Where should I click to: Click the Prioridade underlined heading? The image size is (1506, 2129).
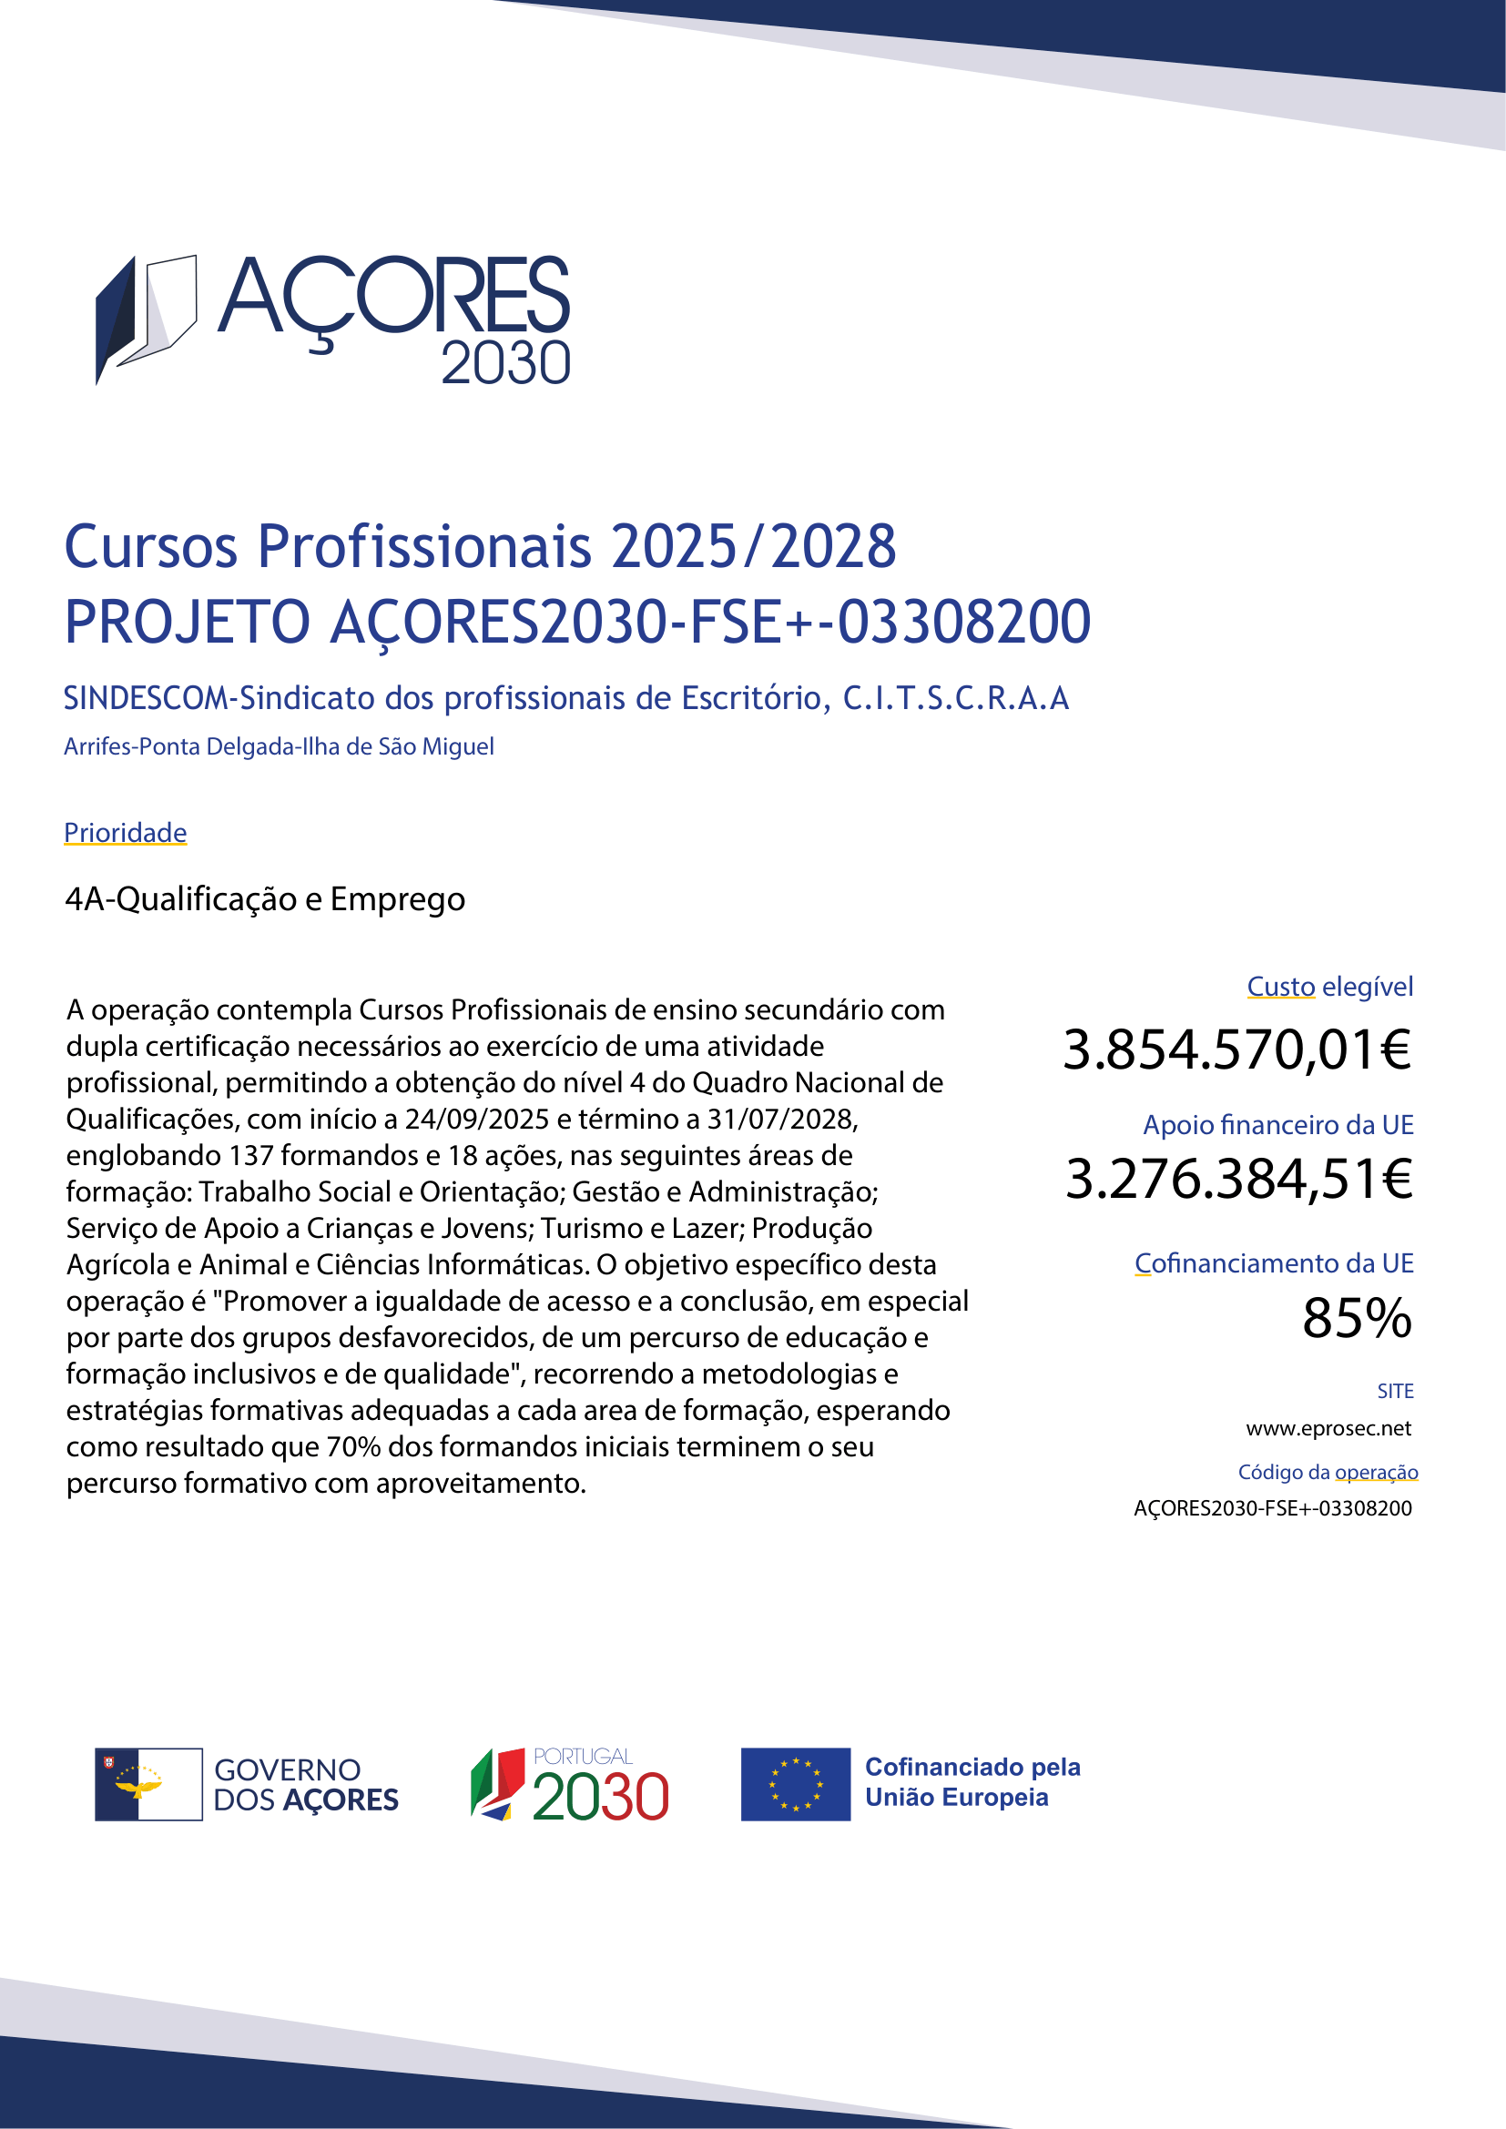click(x=125, y=833)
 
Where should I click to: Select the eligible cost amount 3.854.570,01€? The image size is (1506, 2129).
click(x=1237, y=1050)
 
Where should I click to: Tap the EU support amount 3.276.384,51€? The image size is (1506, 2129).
click(x=1239, y=1180)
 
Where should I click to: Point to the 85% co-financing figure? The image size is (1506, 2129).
click(x=1357, y=1318)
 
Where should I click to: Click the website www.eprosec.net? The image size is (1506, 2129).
click(x=1328, y=1428)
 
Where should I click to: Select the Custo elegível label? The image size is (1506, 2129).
click(x=1329, y=987)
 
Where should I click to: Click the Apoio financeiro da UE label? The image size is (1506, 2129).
click(x=1277, y=1125)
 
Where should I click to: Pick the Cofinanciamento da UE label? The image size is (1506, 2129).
click(x=1274, y=1263)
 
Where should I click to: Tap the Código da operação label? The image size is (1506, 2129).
click(x=1328, y=1472)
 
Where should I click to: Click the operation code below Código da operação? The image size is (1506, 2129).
click(x=1272, y=1507)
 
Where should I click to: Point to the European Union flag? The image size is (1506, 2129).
click(x=795, y=1784)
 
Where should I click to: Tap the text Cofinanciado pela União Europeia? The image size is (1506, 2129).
click(x=972, y=1782)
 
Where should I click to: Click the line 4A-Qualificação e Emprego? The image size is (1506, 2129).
click(x=265, y=899)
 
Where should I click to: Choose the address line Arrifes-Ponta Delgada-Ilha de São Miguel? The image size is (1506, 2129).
click(x=279, y=746)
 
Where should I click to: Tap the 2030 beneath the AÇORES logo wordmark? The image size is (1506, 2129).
click(x=505, y=363)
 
